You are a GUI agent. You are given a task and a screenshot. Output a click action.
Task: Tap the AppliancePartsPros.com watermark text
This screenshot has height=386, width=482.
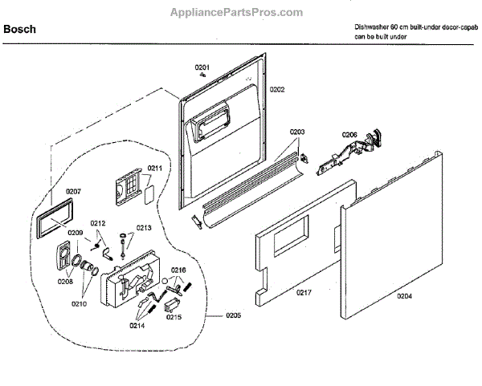237,12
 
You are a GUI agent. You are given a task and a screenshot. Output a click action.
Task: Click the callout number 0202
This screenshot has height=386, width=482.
277,90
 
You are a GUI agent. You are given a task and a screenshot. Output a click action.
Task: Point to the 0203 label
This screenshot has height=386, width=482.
297,132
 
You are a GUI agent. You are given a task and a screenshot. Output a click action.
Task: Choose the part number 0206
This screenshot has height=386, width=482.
349,134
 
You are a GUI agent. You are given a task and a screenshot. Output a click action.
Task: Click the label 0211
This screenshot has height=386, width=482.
155,169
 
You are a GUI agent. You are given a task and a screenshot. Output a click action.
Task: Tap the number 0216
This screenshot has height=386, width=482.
178,270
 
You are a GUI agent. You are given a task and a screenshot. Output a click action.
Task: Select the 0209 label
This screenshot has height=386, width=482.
76,233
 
